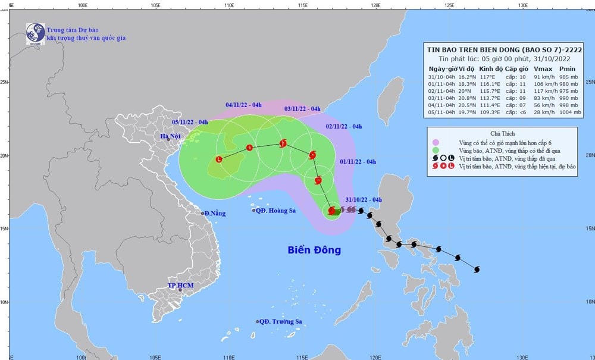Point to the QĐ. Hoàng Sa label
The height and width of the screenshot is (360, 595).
click(276, 211)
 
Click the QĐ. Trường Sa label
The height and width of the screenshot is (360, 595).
click(281, 321)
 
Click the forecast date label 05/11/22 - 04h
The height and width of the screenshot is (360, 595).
click(190, 122)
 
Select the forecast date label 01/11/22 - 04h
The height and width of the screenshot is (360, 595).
click(358, 161)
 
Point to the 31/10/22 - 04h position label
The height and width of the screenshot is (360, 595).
click(364, 200)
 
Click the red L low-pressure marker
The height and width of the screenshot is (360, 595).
click(219, 159)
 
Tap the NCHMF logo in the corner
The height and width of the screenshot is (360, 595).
click(35, 34)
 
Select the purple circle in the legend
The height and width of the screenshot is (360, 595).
click(436, 142)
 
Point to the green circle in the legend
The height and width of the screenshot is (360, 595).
click(436, 150)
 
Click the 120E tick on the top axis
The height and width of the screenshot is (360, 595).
click(375, 5)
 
